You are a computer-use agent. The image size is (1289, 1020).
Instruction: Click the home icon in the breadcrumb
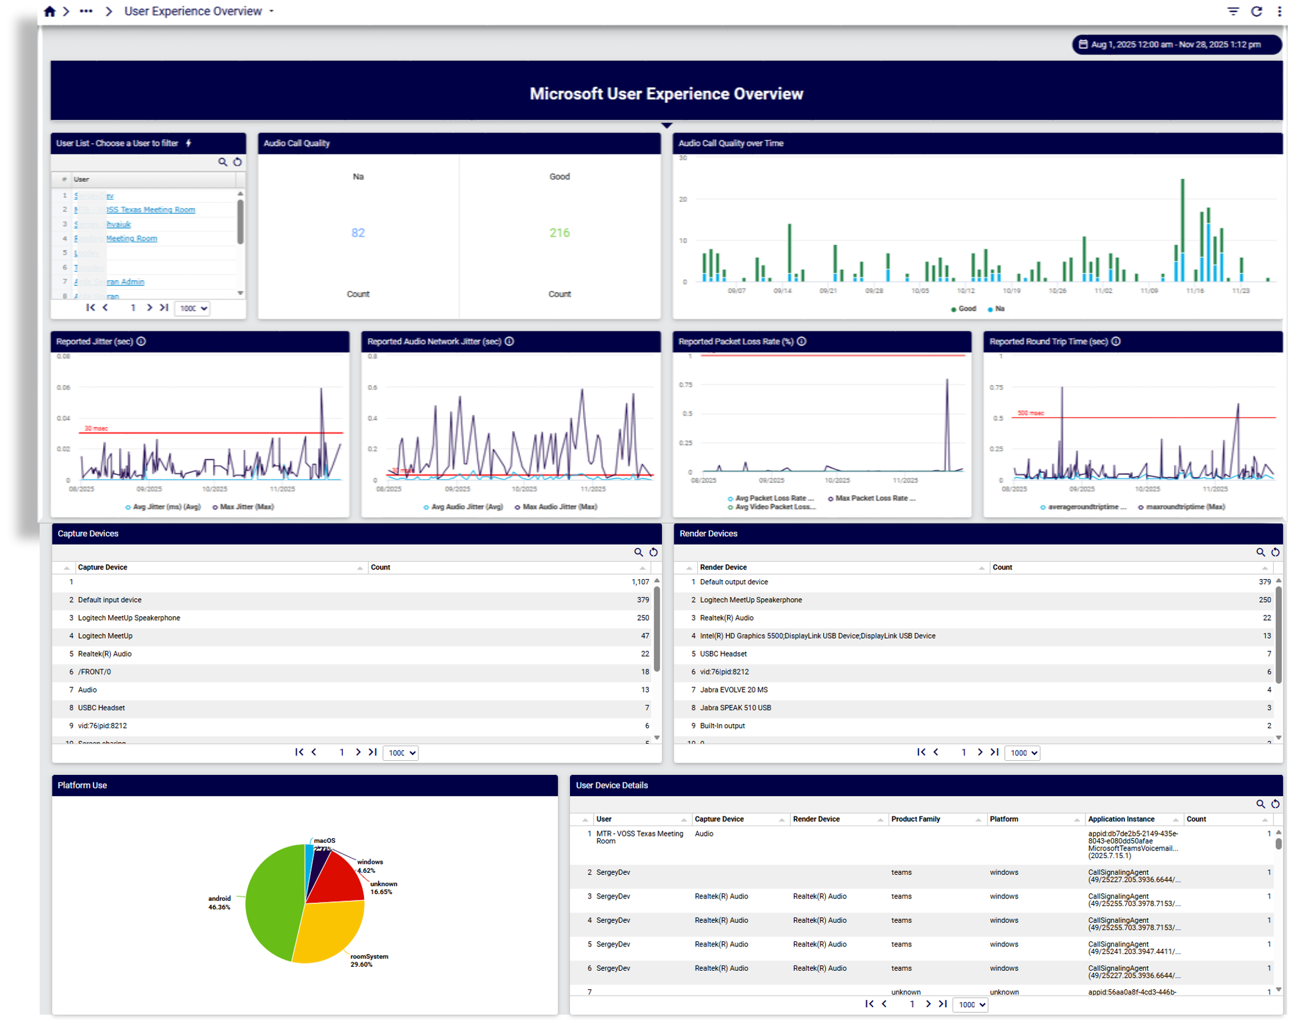click(49, 12)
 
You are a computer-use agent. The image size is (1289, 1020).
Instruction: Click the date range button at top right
click(1176, 45)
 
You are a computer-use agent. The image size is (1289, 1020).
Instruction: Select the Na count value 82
click(358, 233)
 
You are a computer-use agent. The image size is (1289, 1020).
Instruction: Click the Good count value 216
click(559, 233)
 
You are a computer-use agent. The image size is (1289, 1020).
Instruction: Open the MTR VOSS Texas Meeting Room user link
click(150, 210)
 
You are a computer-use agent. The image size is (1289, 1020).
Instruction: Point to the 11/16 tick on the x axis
click(1194, 291)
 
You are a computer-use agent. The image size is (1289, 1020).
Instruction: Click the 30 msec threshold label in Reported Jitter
click(96, 428)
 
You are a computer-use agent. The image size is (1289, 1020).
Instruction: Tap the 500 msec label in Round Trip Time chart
click(1030, 413)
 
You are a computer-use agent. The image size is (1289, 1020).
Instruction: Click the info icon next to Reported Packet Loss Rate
click(802, 342)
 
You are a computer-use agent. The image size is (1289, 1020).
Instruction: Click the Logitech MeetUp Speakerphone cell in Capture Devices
click(129, 618)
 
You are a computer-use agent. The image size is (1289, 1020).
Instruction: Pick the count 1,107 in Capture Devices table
click(640, 582)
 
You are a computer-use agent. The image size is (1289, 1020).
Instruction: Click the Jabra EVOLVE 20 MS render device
click(734, 690)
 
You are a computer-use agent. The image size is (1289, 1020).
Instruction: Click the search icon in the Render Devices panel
click(1260, 552)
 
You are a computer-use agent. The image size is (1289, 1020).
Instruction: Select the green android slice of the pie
click(272, 902)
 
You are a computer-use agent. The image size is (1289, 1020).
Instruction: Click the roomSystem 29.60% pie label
click(368, 960)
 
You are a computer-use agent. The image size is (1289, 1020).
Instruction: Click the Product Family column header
click(915, 819)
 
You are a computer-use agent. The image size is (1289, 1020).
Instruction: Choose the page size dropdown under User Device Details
click(970, 1005)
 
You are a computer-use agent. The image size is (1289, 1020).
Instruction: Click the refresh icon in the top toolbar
click(1256, 12)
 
